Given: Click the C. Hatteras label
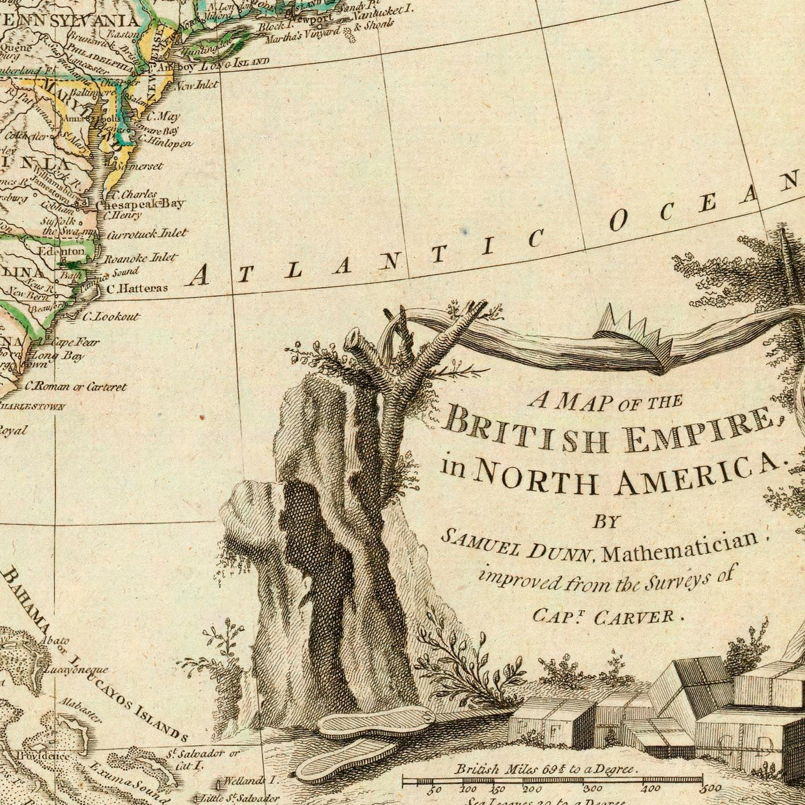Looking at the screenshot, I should [x=137, y=289].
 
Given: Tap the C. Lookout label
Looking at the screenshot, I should [x=110, y=317].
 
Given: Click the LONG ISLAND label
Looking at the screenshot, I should [x=235, y=64].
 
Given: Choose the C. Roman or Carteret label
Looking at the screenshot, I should [x=75, y=388].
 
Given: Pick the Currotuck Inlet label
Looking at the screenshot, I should [x=147, y=234].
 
